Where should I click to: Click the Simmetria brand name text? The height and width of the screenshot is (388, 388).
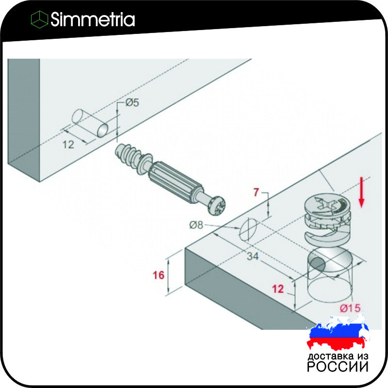[93, 19]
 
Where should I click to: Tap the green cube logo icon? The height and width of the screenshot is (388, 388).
[39, 19]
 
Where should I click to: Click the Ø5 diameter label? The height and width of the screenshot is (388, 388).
[132, 102]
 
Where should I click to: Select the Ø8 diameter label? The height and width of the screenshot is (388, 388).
[196, 225]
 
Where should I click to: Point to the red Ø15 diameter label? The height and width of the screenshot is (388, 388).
[350, 308]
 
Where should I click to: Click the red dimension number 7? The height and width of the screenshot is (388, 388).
[256, 192]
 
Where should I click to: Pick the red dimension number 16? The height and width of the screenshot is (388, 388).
[159, 275]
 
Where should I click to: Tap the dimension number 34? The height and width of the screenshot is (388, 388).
[253, 256]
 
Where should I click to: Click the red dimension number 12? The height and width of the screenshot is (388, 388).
[277, 289]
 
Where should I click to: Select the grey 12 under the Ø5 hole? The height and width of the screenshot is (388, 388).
[68, 145]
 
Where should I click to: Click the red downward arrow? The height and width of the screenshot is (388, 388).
[361, 192]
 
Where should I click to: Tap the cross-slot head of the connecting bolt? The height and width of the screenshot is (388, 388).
[217, 206]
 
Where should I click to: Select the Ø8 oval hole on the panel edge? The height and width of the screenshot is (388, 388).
[248, 229]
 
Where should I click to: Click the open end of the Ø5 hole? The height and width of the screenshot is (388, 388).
[103, 130]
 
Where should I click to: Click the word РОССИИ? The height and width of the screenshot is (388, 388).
[338, 367]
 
